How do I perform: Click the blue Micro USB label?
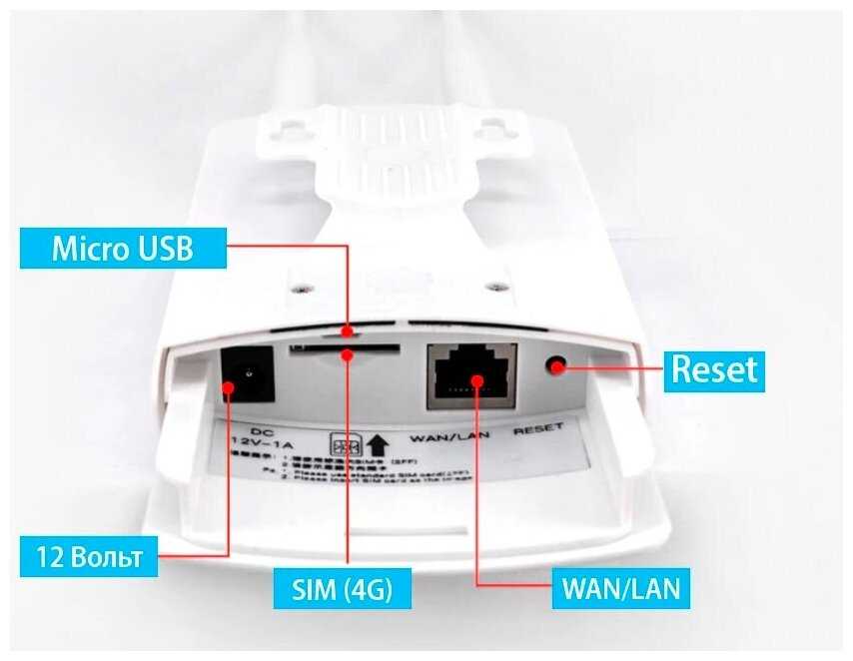click(123, 249)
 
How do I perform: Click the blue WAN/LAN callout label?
click(619, 588)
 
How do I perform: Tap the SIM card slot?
click(345, 350)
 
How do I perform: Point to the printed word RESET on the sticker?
click(538, 427)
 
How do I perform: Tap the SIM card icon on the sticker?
click(344, 443)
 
